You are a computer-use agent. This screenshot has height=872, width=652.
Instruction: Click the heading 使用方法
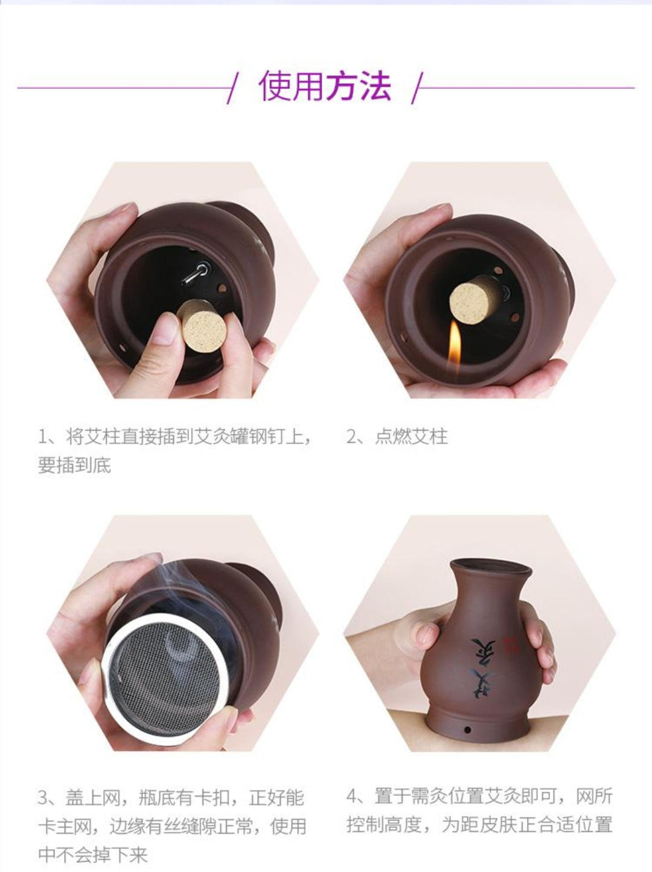point(325,86)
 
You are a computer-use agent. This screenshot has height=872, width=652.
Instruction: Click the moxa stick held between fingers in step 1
point(200,324)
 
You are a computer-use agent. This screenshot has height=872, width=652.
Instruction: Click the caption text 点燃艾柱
point(411,436)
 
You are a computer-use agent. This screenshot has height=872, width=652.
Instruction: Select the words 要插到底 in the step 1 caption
point(75,465)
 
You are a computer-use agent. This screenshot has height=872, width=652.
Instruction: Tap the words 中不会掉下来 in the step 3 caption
point(93,854)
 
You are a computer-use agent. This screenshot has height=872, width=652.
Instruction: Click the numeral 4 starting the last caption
point(352,796)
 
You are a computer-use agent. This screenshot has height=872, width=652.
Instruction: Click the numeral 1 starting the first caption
point(42,436)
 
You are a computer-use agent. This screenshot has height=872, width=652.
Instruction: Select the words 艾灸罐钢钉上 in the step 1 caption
point(248,436)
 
